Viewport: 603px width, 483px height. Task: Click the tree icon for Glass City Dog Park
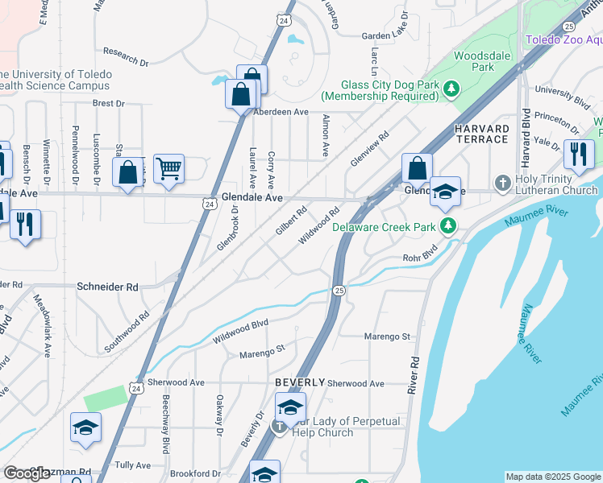[453, 88]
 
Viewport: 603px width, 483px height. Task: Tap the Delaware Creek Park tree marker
[453, 226]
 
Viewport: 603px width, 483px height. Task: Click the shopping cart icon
[168, 169]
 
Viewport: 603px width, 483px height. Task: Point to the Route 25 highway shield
[339, 290]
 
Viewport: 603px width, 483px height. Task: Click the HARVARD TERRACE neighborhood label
[482, 134]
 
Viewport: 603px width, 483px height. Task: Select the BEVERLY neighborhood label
[300, 382]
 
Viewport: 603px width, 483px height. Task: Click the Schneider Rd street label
[107, 287]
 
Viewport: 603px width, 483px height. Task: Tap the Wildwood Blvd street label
[240, 332]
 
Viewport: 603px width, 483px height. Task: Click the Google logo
[27, 473]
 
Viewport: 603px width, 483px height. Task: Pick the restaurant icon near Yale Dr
[579, 154]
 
